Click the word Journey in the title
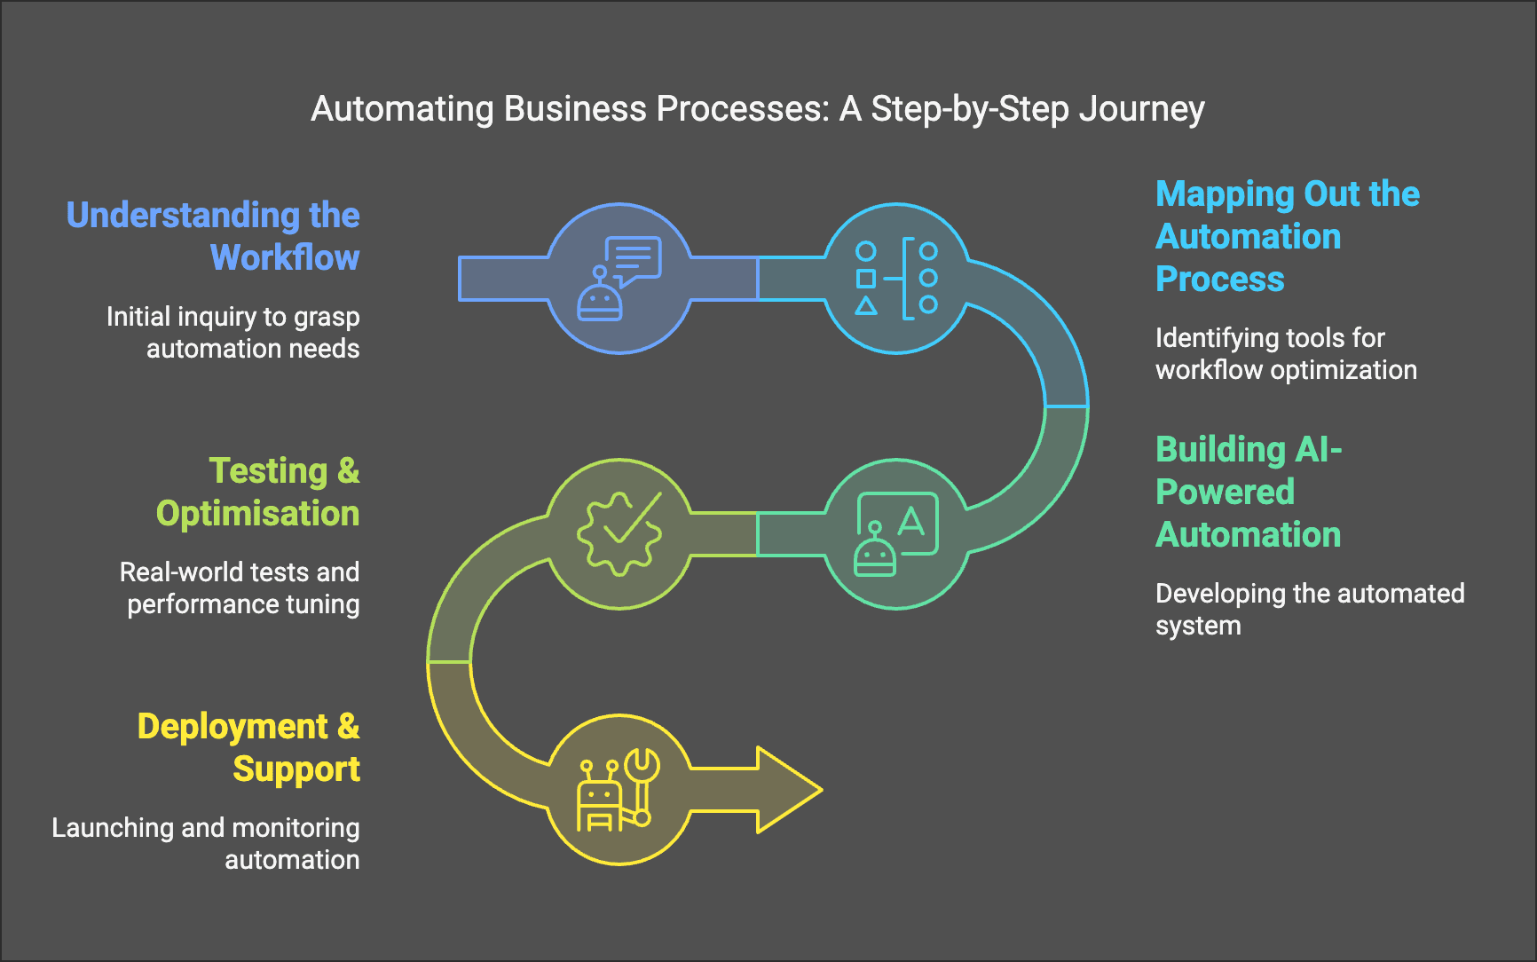click(1141, 109)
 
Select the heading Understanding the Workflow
click(214, 236)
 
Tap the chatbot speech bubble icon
click(619, 278)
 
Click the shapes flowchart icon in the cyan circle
click(896, 278)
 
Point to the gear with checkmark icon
click(619, 533)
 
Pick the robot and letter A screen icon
click(896, 533)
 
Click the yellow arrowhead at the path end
click(788, 789)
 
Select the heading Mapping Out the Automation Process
click(1287, 236)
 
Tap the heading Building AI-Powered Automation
click(1249, 492)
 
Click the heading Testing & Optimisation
click(258, 492)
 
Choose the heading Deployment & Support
click(249, 747)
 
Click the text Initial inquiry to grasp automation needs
click(233, 333)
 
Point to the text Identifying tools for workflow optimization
click(1286, 354)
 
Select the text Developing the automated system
click(1309, 609)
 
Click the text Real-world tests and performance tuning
click(240, 588)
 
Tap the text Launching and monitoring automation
click(206, 843)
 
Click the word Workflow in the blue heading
click(285, 258)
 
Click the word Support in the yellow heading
click(296, 769)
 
